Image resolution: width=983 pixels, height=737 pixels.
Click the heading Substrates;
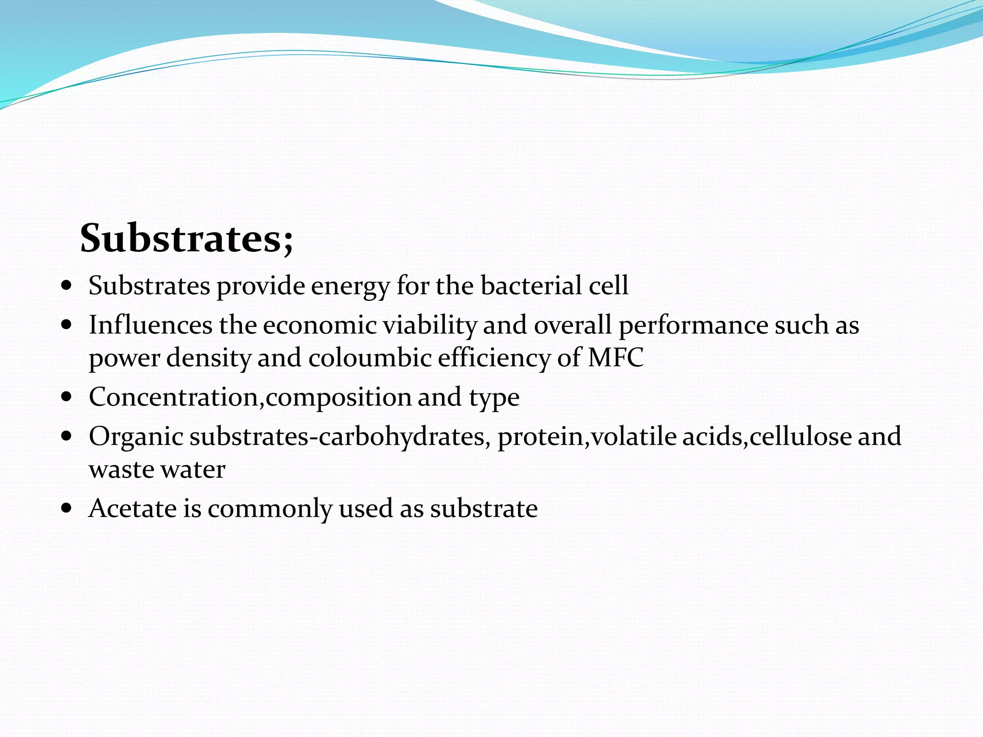(x=186, y=238)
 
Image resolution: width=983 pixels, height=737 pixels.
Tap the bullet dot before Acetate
(x=67, y=508)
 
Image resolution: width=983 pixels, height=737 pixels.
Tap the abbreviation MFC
(x=615, y=358)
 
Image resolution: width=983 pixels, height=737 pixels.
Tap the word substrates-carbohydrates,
(x=340, y=437)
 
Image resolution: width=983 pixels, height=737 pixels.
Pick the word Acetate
(x=132, y=508)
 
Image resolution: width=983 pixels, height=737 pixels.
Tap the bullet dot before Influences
(x=67, y=325)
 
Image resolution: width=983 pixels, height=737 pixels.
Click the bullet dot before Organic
(x=67, y=436)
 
